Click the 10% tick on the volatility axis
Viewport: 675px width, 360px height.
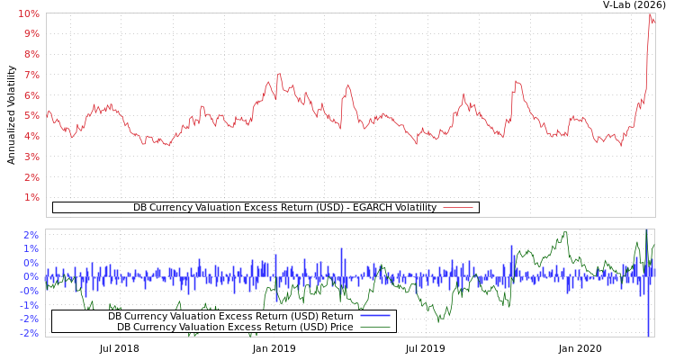[29, 13]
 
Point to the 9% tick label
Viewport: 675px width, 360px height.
[31, 34]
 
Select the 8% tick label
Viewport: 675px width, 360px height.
[31, 54]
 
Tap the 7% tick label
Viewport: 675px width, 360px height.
[31, 75]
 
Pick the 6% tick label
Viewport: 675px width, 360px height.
[31, 95]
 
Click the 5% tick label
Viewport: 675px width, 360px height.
[31, 115]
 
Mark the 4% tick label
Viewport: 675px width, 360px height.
[31, 136]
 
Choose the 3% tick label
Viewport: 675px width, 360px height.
[31, 157]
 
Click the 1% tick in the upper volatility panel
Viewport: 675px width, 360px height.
[31, 197]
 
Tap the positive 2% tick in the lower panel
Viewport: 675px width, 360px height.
[31, 235]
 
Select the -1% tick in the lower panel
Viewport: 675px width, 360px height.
[29, 304]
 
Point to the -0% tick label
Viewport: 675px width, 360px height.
[29, 291]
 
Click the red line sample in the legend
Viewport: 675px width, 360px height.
[458, 208]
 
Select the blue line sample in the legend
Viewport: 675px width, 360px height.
[374, 316]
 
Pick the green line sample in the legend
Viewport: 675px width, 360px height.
[374, 327]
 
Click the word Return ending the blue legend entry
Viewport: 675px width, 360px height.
[337, 316]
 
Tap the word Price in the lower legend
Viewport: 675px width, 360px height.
[340, 327]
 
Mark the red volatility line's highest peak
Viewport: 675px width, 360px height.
[650, 14]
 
